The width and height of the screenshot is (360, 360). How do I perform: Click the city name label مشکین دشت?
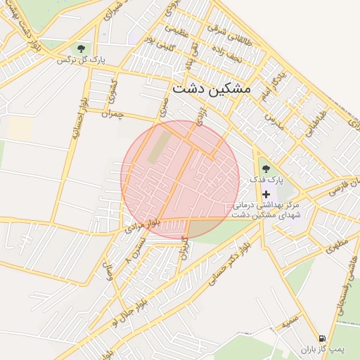coord(211,89)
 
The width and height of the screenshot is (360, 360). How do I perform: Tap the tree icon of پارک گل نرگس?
coord(81,49)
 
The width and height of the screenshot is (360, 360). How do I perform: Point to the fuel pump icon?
coord(322,338)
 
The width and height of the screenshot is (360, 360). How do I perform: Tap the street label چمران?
coord(112,114)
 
